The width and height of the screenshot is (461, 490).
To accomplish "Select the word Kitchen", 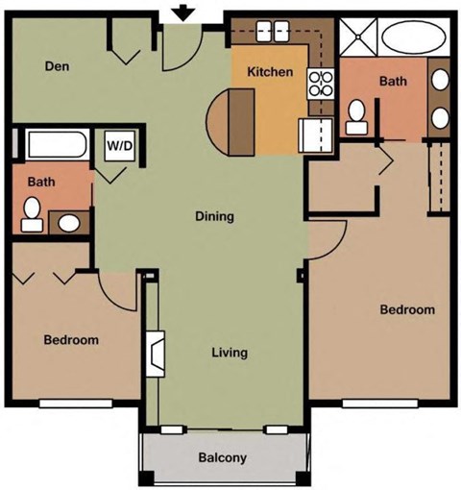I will (x=269, y=72).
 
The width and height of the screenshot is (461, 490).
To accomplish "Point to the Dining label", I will (x=214, y=216).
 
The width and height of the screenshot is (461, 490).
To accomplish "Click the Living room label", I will (x=229, y=353).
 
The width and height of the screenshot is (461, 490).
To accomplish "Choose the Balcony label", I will (x=222, y=457).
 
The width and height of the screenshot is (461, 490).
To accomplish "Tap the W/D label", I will (x=119, y=147).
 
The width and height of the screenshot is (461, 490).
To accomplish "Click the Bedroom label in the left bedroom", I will (x=72, y=340).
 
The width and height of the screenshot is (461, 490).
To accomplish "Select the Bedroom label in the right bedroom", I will (x=407, y=310).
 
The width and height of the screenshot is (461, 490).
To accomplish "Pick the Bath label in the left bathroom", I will (x=40, y=181).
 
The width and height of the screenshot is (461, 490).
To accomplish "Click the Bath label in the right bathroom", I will (x=393, y=82).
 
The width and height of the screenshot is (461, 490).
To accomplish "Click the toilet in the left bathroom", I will (x=32, y=209).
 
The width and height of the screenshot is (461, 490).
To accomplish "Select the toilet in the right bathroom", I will (x=355, y=115).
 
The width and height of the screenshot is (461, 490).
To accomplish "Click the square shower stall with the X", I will (x=355, y=39).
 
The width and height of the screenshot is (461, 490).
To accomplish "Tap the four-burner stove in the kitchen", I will (x=318, y=84).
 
